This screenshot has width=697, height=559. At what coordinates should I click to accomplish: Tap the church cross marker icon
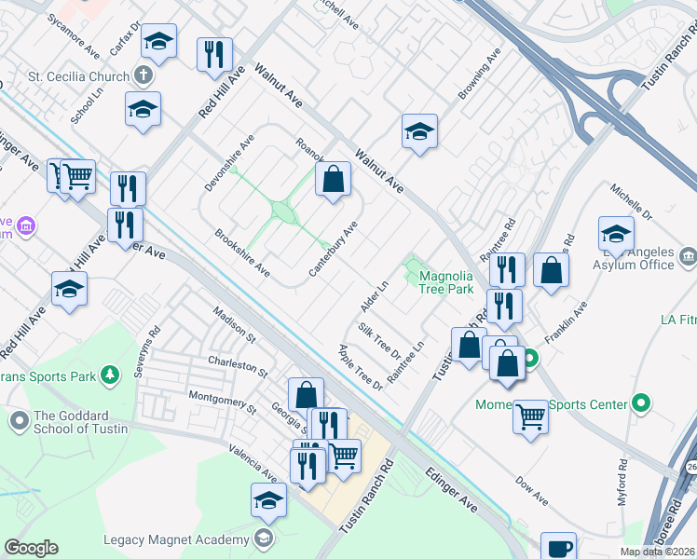(143, 75)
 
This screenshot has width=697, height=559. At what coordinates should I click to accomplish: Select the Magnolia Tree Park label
(447, 282)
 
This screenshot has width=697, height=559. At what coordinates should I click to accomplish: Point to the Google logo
(31, 548)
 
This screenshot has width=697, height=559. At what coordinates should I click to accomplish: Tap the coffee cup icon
(559, 548)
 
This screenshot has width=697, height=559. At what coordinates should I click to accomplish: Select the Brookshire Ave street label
(242, 253)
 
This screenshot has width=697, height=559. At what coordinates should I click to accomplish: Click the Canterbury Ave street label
(335, 248)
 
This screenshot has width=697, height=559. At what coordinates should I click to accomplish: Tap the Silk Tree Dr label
(378, 341)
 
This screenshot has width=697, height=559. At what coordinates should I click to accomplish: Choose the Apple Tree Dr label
(361, 367)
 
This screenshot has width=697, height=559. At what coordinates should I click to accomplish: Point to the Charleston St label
(238, 366)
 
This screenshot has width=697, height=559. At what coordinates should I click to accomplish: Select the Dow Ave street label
(531, 490)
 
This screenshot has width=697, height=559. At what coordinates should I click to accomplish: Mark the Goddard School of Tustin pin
(19, 421)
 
